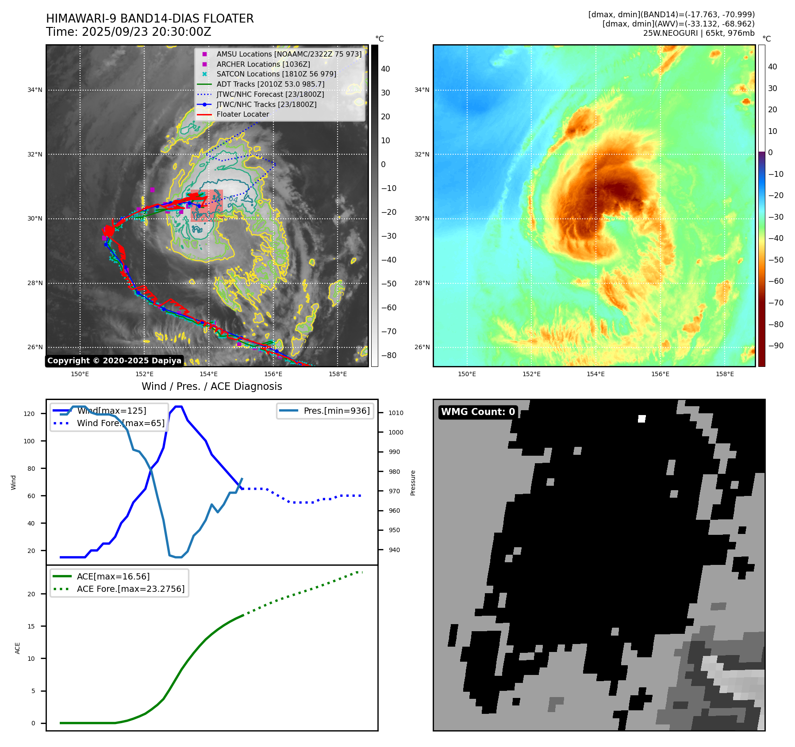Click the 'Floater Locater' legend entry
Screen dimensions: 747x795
click(242, 114)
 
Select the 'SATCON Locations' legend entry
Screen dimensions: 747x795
click(276, 74)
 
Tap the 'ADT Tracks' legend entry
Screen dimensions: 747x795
click(270, 84)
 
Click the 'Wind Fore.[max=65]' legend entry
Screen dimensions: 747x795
click(120, 423)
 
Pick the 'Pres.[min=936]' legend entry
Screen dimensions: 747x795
click(336, 411)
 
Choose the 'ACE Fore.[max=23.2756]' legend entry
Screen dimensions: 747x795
click(131, 589)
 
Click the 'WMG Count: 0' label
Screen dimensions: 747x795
click(478, 412)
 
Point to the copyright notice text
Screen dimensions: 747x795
click(114, 361)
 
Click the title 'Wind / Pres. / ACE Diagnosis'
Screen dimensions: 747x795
click(211, 387)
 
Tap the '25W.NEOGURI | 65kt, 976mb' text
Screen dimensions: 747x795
click(699, 33)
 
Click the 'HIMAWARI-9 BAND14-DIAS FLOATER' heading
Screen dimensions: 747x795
click(150, 19)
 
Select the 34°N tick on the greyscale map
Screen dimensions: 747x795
click(35, 90)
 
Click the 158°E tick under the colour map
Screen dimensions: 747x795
click(725, 374)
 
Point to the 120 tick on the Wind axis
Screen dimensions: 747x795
click(29, 414)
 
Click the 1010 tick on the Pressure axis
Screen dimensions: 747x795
click(396, 413)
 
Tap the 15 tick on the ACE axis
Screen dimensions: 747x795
click(31, 626)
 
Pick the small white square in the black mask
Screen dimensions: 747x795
click(641, 419)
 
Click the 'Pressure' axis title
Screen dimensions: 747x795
click(413, 483)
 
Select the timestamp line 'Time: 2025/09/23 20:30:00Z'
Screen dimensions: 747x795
click(128, 32)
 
